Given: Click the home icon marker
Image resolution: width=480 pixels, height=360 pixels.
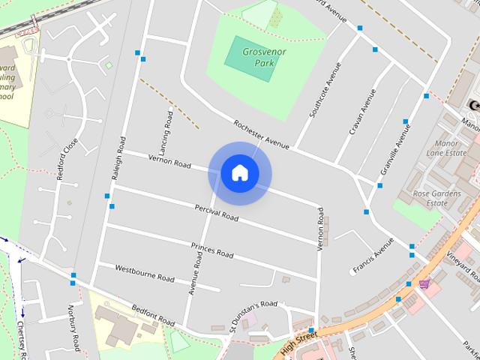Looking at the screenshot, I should [239, 173].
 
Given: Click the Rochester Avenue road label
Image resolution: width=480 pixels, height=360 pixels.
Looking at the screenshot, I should [260, 135].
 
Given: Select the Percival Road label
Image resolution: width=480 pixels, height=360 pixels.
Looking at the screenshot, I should [216, 212].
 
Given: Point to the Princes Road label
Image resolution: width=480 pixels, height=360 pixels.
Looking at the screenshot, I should [211, 250].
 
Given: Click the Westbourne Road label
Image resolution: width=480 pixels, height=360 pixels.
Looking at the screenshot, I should [145, 273].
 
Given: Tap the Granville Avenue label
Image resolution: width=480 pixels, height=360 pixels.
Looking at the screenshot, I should [394, 149].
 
